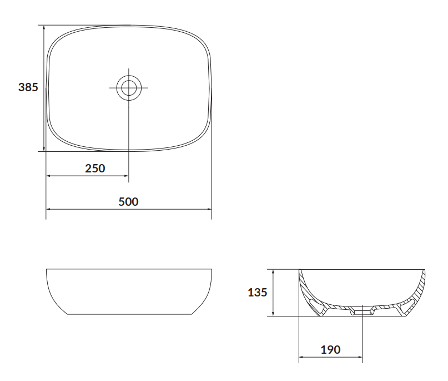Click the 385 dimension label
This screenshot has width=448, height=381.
click(x=28, y=87)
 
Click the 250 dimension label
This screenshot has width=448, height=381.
click(x=95, y=169)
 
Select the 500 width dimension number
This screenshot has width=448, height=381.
click(x=128, y=202)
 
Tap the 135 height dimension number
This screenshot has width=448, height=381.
click(x=257, y=292)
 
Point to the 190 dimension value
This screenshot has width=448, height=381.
click(x=330, y=349)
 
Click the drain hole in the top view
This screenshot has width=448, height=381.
click(x=129, y=87)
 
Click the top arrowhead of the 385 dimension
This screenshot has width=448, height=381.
click(x=44, y=27)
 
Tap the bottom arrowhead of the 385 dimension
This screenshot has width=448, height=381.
click(x=44, y=149)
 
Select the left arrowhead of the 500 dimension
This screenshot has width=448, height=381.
click(x=48, y=209)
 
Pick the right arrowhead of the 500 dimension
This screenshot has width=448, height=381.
click(x=209, y=209)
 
